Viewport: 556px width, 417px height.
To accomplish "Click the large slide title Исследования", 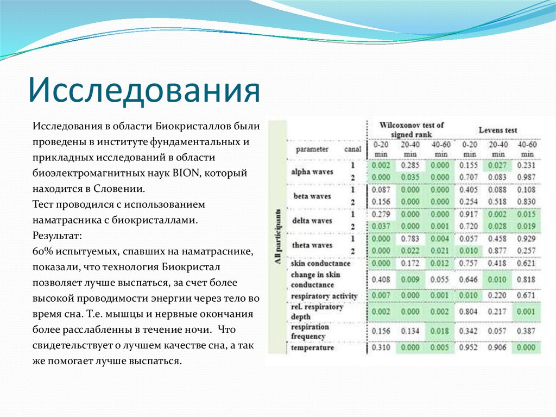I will click(x=144, y=89).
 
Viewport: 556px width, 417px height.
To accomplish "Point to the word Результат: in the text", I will click(x=57, y=236).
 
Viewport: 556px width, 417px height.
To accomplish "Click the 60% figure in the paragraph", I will click(x=42, y=252).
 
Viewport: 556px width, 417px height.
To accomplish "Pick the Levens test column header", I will click(x=497, y=130).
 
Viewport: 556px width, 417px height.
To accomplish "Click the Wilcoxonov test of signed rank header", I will click(x=412, y=129).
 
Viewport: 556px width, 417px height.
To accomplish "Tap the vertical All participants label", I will click(x=277, y=236).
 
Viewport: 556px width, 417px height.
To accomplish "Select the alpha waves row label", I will click(x=312, y=171).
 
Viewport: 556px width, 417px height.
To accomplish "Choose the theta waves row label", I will click(x=312, y=245).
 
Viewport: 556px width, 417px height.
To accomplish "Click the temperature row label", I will click(x=312, y=347).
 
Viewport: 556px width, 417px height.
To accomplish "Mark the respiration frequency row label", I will click(x=309, y=332).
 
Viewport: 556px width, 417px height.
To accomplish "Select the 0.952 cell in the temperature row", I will click(x=469, y=347).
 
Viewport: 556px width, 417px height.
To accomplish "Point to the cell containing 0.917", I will click(x=469, y=214).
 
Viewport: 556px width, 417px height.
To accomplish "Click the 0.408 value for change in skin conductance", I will click(x=381, y=279).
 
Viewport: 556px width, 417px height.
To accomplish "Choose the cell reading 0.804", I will click(x=469, y=312).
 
